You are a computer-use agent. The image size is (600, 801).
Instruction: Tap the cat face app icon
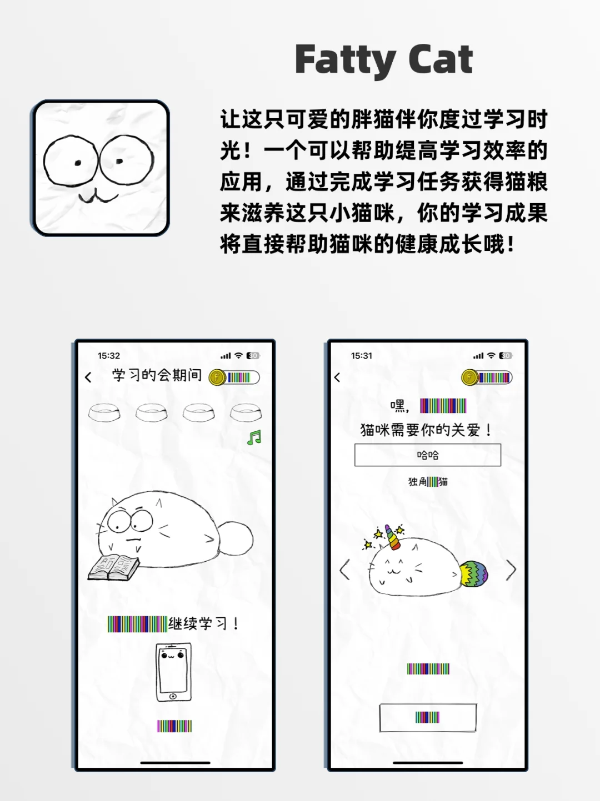click(x=101, y=168)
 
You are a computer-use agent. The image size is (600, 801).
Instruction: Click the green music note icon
click(x=254, y=438)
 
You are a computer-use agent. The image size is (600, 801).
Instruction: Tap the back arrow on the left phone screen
click(x=88, y=377)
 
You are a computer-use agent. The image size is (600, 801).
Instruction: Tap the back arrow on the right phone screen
click(x=337, y=377)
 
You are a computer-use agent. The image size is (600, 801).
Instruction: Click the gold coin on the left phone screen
click(x=217, y=377)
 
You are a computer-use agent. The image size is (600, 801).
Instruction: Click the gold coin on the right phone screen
click(x=469, y=377)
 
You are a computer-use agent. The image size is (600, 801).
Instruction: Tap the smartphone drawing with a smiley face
click(x=173, y=672)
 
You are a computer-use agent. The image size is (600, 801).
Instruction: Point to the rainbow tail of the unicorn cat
click(x=474, y=573)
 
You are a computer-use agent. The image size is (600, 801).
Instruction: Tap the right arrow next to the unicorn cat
click(x=511, y=570)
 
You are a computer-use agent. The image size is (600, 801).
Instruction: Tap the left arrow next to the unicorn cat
click(x=345, y=570)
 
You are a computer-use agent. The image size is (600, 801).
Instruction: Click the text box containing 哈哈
click(x=428, y=455)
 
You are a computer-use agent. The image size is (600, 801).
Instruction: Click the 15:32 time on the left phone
click(x=109, y=356)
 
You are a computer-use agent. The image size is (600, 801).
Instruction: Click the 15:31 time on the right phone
click(x=362, y=356)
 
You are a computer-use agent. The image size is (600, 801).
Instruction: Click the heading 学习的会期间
click(x=157, y=375)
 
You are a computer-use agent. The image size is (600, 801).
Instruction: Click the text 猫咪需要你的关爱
click(x=426, y=430)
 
